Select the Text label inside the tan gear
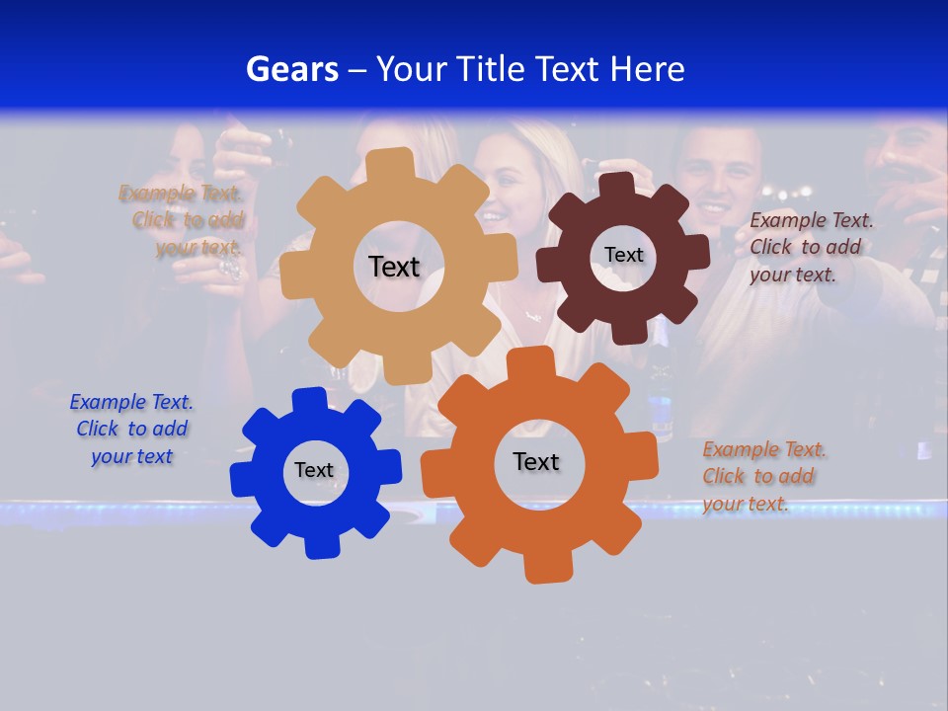click(x=394, y=267)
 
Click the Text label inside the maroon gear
click(x=623, y=255)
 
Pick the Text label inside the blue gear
click(x=314, y=470)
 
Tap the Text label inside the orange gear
click(x=536, y=461)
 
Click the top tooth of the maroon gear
click(x=617, y=185)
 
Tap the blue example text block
click(x=131, y=429)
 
